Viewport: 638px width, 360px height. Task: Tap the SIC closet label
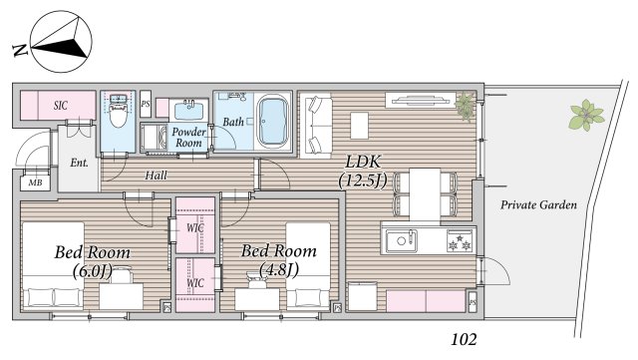tap(60, 106)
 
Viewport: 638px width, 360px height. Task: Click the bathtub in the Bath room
tap(272, 122)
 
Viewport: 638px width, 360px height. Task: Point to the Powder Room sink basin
tap(188, 111)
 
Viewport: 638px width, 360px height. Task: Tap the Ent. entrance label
tap(79, 163)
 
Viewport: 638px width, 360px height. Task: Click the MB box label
tap(36, 182)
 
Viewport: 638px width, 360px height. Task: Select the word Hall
tap(156, 176)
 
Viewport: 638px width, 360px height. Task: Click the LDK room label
tap(363, 162)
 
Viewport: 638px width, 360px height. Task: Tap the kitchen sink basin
tap(401, 240)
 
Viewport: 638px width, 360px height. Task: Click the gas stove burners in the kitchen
tap(461, 240)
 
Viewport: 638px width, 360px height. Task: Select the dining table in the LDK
tap(425, 194)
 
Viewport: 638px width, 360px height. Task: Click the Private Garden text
tap(538, 204)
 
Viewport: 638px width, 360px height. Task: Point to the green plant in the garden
tap(586, 115)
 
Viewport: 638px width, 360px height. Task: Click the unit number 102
tap(464, 339)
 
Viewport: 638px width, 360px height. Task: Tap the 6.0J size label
tap(93, 271)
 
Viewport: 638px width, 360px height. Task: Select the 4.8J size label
tap(279, 269)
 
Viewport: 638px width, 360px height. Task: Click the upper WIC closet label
tap(195, 227)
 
